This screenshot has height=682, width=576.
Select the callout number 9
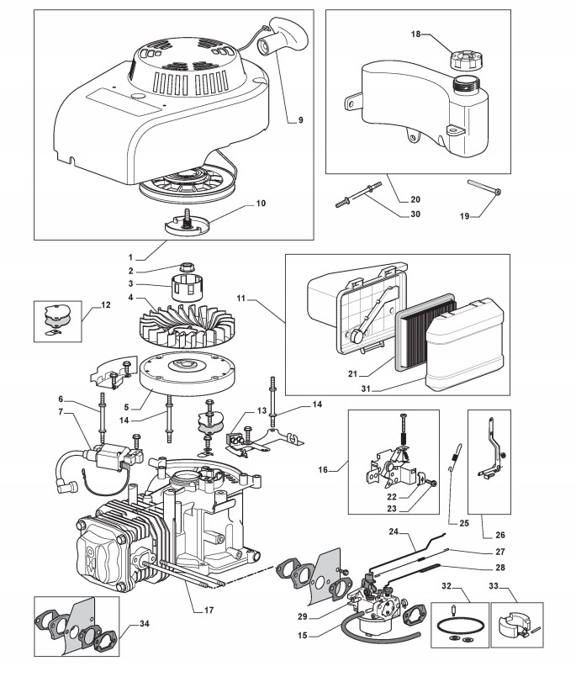click(x=301, y=120)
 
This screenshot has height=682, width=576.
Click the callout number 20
click(x=415, y=199)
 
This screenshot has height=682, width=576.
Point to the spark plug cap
click(x=66, y=485)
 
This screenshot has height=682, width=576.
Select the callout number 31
click(x=366, y=389)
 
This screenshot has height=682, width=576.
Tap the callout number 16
click(x=323, y=470)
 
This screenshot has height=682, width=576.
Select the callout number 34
click(x=145, y=623)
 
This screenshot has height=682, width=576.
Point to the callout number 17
click(x=209, y=610)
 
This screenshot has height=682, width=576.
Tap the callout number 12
click(x=106, y=305)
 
